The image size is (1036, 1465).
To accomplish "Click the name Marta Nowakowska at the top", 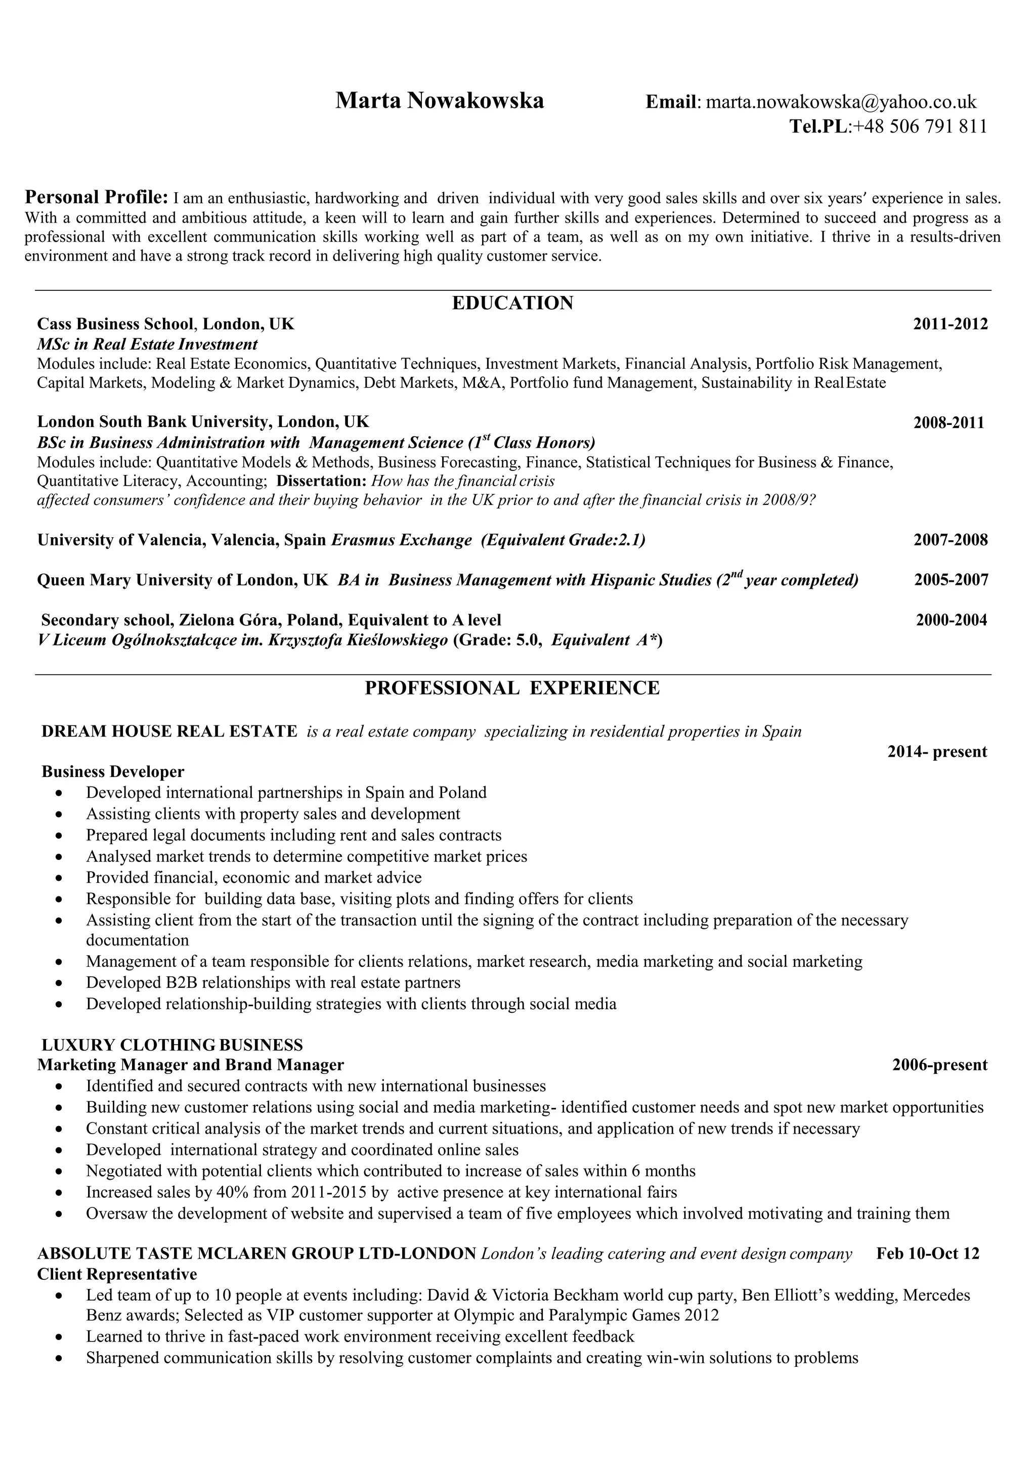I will pos(440,101).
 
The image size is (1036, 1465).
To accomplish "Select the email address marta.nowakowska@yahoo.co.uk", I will pos(841,102).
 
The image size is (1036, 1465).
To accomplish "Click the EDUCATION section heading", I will pos(512,303).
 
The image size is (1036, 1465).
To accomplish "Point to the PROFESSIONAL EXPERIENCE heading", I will pos(512,688).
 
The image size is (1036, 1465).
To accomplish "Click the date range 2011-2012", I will pos(950,324).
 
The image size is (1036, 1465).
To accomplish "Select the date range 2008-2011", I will pos(948,422).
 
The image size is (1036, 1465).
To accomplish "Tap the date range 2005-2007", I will pos(951,580).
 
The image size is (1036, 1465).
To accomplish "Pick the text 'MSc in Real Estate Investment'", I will pos(147,344).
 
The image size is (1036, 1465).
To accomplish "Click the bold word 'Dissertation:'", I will pos(322,481).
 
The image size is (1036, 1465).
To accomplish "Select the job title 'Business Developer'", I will pos(113,772).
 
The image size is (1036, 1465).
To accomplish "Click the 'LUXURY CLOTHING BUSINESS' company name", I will pos(172,1045).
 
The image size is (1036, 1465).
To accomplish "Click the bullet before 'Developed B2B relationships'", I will pos(59,983).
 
